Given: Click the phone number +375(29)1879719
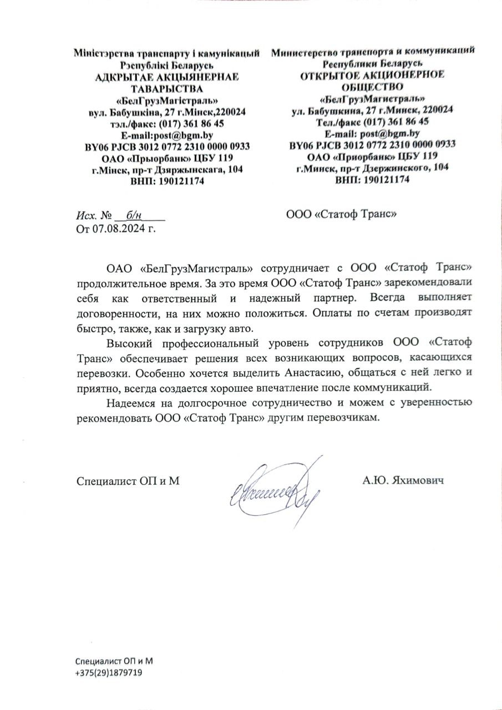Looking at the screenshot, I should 109,672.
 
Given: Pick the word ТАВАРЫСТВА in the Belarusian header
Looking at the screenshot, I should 167,88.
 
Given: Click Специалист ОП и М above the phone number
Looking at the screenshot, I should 114,661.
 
